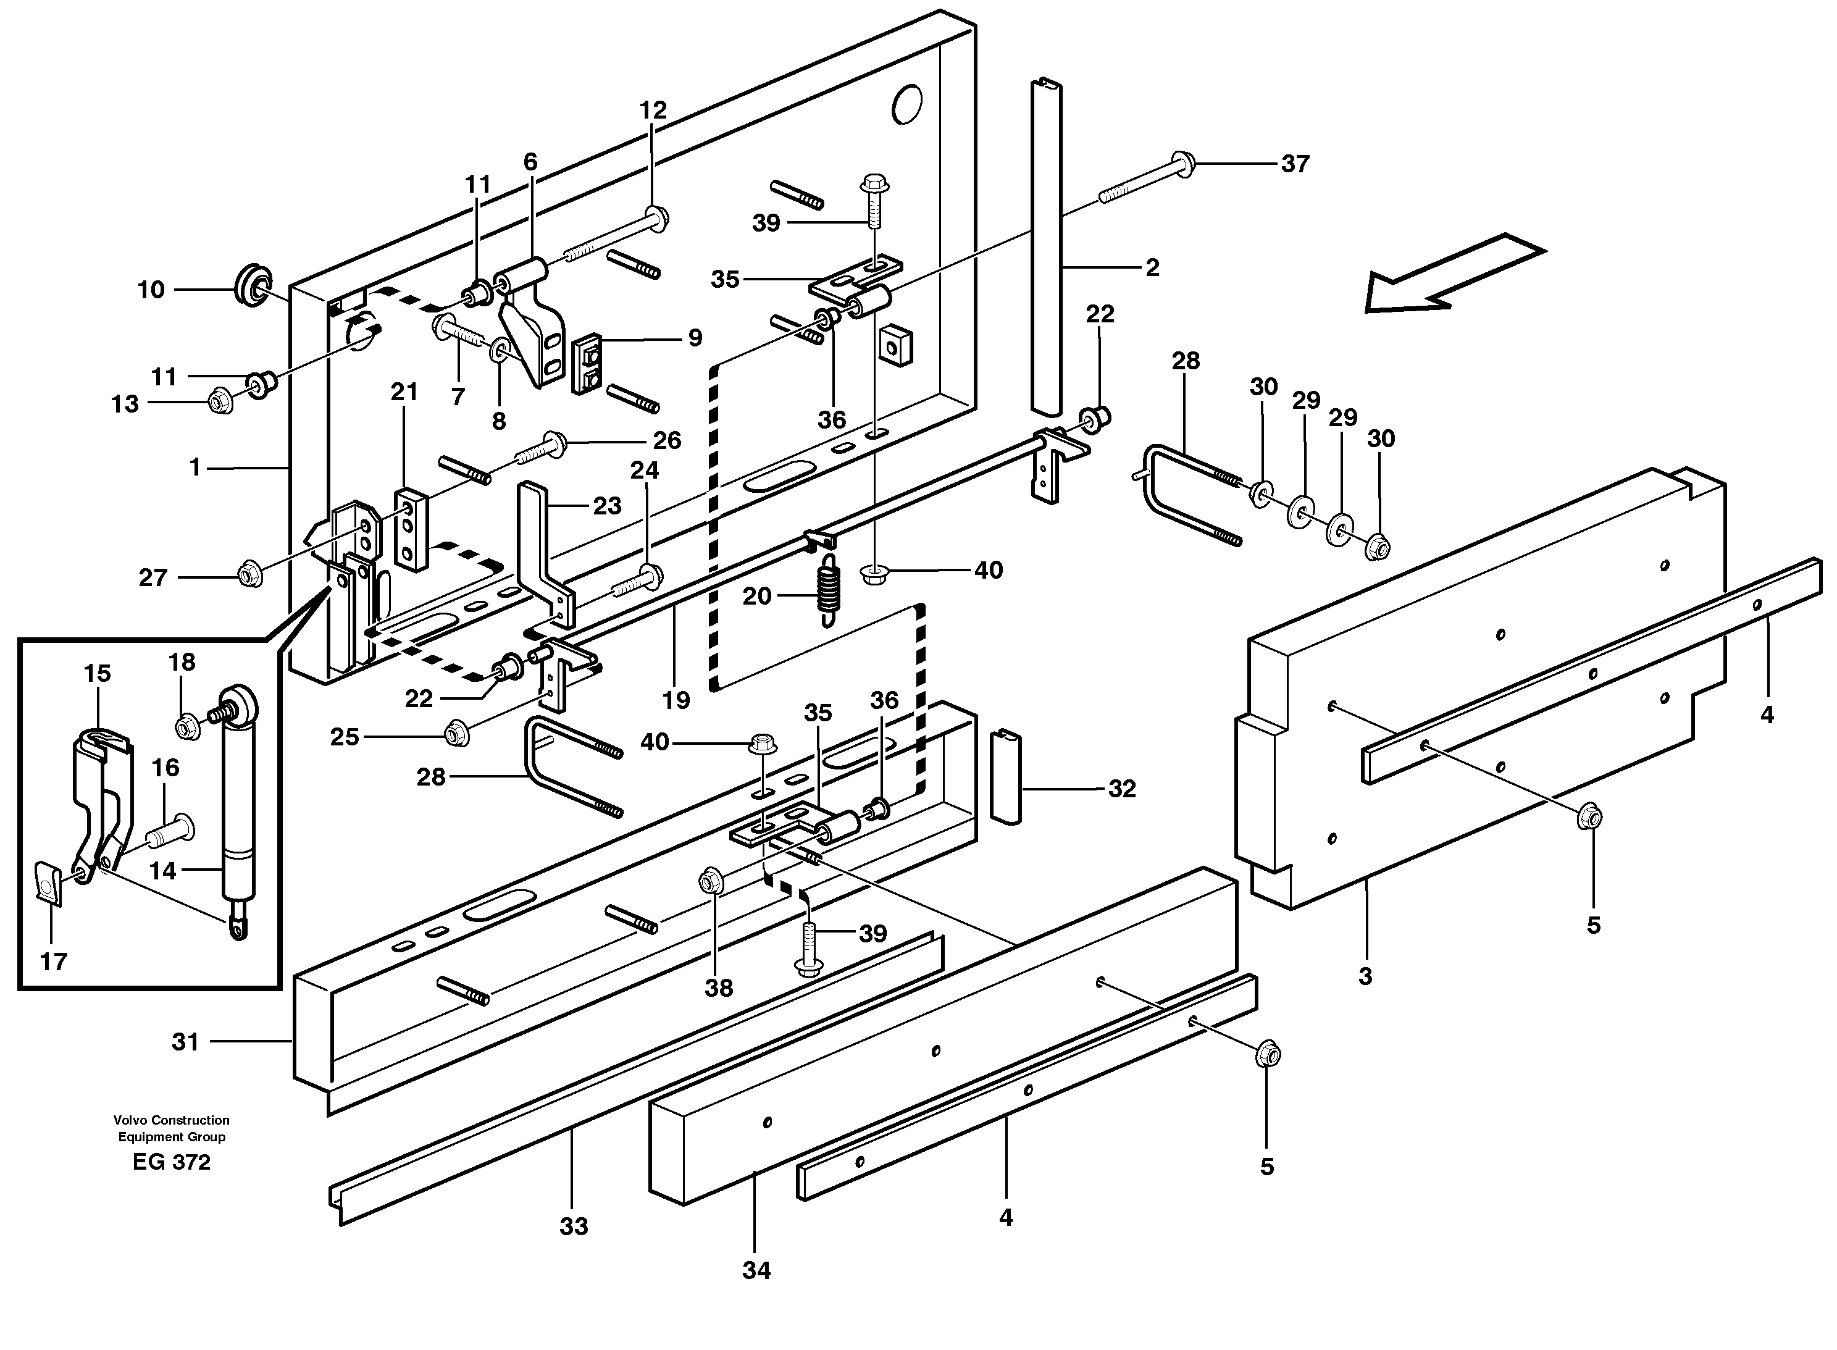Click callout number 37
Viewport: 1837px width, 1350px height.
pyautogui.click(x=1295, y=164)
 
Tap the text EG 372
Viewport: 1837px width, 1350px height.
pyautogui.click(x=172, y=1162)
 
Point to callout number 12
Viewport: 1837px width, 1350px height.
pyautogui.click(x=653, y=111)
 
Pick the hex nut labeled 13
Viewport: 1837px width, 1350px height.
pyautogui.click(x=220, y=401)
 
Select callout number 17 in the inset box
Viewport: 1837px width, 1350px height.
pyautogui.click(x=53, y=962)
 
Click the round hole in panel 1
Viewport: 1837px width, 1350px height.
pyautogui.click(x=907, y=104)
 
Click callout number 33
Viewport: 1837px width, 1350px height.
pyautogui.click(x=574, y=1226)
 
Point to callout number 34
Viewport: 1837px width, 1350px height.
pyautogui.click(x=756, y=1270)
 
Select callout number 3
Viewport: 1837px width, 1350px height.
pyautogui.click(x=1365, y=976)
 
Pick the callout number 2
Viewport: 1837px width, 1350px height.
pyautogui.click(x=1152, y=268)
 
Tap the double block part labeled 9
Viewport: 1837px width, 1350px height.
pyautogui.click(x=587, y=363)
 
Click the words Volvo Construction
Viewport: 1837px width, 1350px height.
pyautogui.click(x=172, y=1120)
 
